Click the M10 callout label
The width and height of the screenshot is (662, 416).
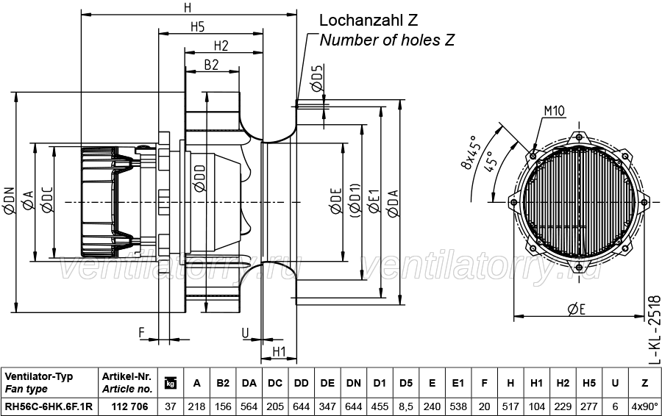[554, 111]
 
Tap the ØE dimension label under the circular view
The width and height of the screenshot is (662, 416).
[577, 309]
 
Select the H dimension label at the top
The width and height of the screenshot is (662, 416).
[188, 7]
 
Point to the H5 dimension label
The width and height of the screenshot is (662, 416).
[198, 27]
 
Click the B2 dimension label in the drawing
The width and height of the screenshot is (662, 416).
[212, 65]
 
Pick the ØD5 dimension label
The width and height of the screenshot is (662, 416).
[318, 78]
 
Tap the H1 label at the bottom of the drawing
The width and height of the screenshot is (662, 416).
[279, 351]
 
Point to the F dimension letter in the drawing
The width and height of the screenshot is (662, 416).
[142, 332]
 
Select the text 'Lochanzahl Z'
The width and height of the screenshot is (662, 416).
[369, 20]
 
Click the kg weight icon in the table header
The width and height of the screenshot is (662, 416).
[170, 383]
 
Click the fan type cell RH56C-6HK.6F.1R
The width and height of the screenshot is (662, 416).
[49, 406]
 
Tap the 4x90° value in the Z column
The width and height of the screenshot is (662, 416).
[644, 406]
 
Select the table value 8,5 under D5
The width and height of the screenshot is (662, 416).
[406, 406]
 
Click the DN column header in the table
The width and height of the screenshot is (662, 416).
[353, 383]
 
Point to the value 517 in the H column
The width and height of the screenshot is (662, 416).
[510, 406]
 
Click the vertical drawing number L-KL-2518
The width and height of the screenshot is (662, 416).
[654, 329]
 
